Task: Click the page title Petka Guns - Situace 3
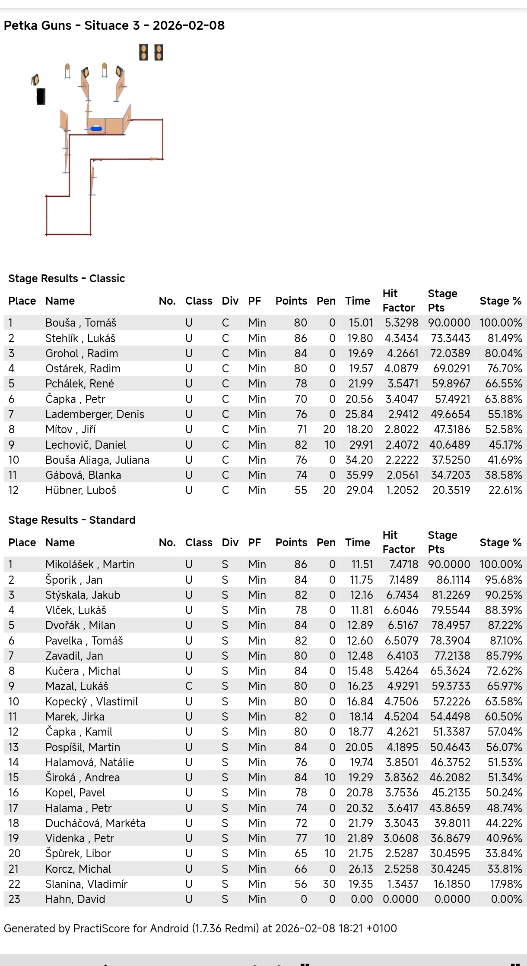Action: pyautogui.click(x=114, y=25)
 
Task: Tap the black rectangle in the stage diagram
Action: pyautogui.click(x=41, y=96)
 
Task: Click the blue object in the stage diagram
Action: pyautogui.click(x=96, y=128)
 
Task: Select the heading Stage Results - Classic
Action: pyautogui.click(x=67, y=278)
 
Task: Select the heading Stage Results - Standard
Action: pyautogui.click(x=72, y=520)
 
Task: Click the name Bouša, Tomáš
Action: pyautogui.click(x=81, y=323)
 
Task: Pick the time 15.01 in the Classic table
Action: pyautogui.click(x=361, y=323)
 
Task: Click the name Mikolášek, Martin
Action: pyautogui.click(x=90, y=564)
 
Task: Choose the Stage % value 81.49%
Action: pyautogui.click(x=503, y=338)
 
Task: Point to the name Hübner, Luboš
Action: pyautogui.click(x=81, y=490)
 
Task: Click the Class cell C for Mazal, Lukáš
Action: pyautogui.click(x=189, y=686)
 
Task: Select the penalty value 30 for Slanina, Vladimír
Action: pyautogui.click(x=329, y=884)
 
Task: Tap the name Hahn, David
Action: pyautogui.click(x=75, y=899)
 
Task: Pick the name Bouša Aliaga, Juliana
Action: pyautogui.click(x=97, y=460)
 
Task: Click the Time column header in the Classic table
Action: pyautogui.click(x=357, y=301)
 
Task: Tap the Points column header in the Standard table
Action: pyautogui.click(x=291, y=542)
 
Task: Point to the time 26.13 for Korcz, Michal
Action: pyautogui.click(x=361, y=869)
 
